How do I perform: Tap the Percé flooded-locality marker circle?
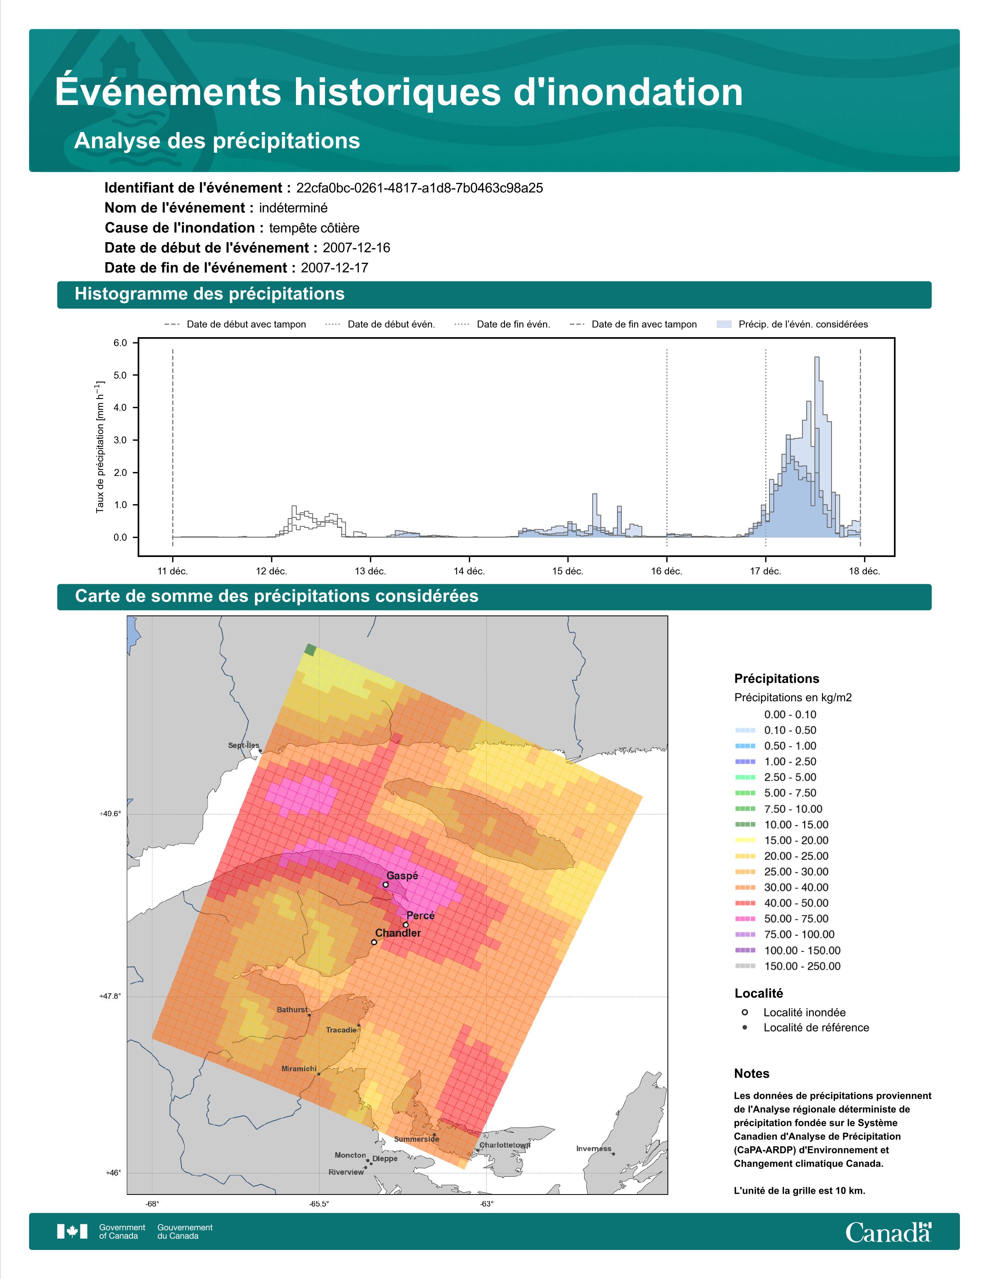pos(405,925)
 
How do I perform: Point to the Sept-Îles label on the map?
pos(243,745)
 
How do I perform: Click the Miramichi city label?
pos(299,1069)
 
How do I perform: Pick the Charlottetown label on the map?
pos(505,1145)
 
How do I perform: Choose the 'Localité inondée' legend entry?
pos(794,1012)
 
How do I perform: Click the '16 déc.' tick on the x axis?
pos(667,571)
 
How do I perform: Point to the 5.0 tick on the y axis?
pos(120,376)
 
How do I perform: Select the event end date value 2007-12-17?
pos(335,268)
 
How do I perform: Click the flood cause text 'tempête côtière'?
pos(314,228)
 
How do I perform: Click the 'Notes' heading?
pos(752,1074)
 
